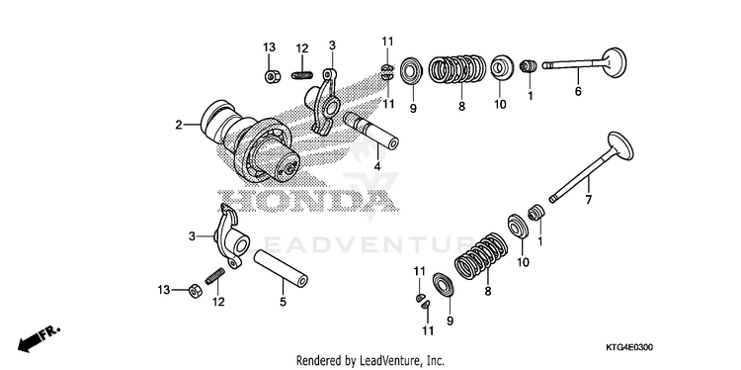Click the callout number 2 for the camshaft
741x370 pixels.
pos(178,125)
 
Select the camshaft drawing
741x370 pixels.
pos(251,142)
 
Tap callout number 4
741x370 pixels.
pos(377,166)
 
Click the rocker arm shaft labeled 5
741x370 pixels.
pos(281,269)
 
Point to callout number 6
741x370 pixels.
pos(578,91)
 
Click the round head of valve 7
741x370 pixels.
pos(619,146)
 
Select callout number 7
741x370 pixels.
pos(589,200)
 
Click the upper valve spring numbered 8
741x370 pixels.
pos(457,69)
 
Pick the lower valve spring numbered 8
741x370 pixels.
pos(481,257)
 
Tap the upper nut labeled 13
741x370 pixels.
pos(271,76)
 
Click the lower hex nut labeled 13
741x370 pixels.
pos(194,291)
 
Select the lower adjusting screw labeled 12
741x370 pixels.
pos(214,276)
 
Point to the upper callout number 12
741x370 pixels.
pos(302,48)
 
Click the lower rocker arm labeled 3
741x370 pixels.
pos(231,235)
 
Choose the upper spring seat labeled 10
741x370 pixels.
pos(500,68)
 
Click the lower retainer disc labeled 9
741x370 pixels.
pos(444,285)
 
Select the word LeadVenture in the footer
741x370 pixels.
pos(380,360)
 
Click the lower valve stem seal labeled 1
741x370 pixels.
pos(535,213)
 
